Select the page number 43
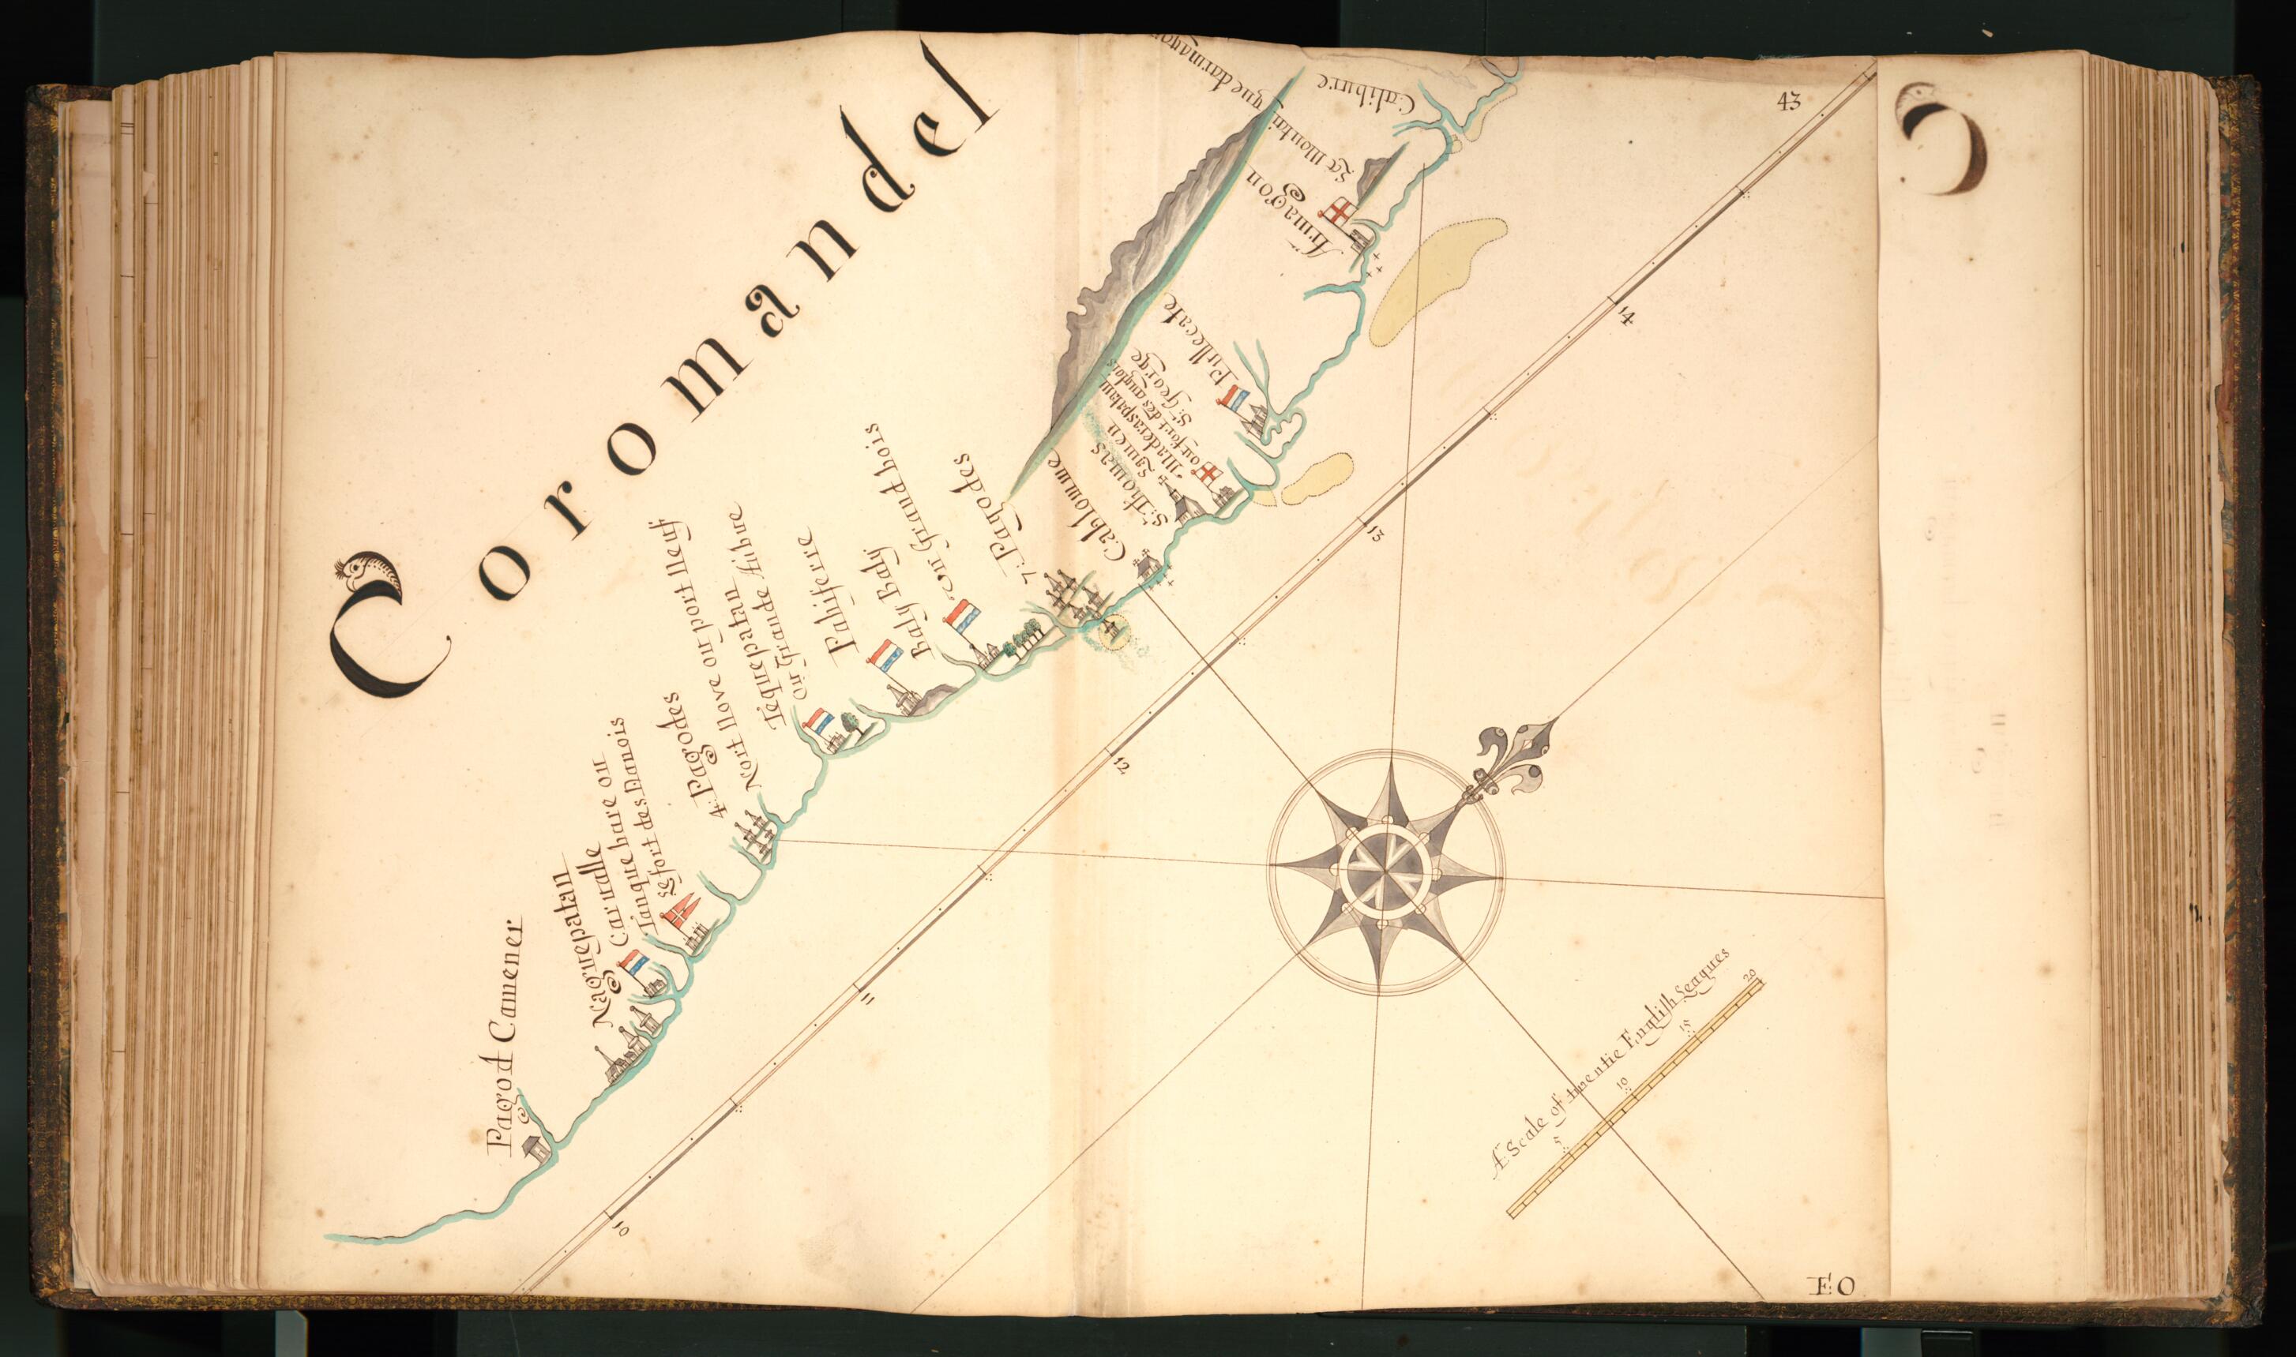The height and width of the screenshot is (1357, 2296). coord(1788,103)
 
